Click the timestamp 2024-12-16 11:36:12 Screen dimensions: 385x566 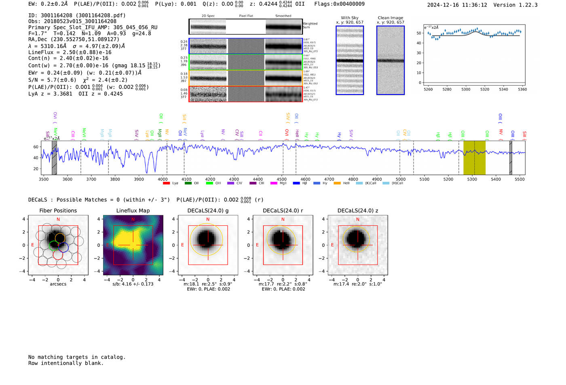[x=457, y=5]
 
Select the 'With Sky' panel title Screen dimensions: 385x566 [x=349, y=18]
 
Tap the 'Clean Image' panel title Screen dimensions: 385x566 [x=390, y=18]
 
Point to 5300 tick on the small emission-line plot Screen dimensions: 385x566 [x=466, y=89]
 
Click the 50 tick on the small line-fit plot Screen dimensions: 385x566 [x=419, y=33]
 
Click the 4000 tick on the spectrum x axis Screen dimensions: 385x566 [x=163, y=179]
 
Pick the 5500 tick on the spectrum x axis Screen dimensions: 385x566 [x=520, y=179]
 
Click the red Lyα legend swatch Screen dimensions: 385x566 [x=166, y=183]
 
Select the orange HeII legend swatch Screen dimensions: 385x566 [x=337, y=183]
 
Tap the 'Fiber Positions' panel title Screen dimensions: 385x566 [x=58, y=210]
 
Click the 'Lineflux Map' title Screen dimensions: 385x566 [x=133, y=210]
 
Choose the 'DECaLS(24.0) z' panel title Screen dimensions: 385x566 [x=357, y=210]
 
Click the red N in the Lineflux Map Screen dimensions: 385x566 [x=133, y=219]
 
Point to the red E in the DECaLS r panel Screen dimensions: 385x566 [x=257, y=245]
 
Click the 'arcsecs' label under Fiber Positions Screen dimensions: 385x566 [x=58, y=284]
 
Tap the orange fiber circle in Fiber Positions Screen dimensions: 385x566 [x=60, y=238]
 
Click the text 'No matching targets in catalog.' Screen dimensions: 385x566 [x=77, y=357]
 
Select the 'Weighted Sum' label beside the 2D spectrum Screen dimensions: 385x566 [x=310, y=25]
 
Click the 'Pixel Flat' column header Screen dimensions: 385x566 [x=246, y=16]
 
